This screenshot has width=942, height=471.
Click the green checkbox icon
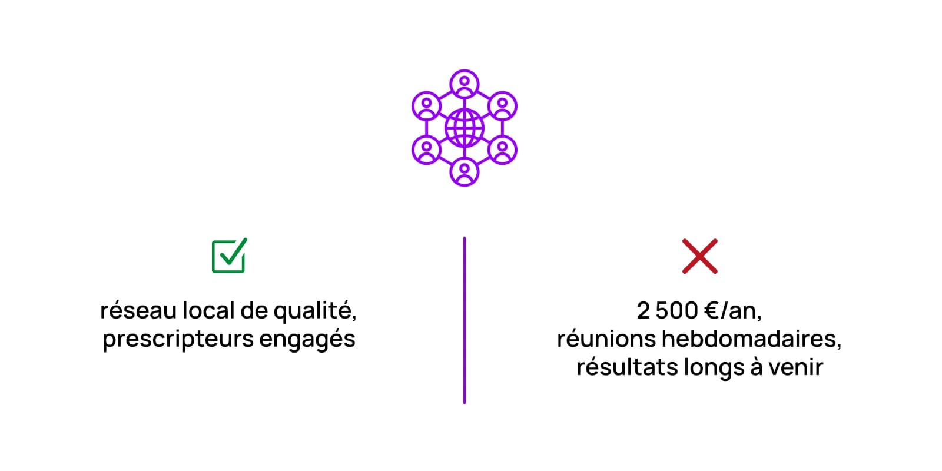(229, 256)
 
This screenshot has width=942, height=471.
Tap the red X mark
(700, 256)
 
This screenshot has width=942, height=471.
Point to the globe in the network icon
(465, 128)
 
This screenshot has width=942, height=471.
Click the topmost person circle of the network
(465, 84)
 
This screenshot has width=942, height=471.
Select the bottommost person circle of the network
(465, 171)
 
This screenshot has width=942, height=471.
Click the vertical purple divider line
(465, 320)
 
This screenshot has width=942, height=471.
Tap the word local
(208, 310)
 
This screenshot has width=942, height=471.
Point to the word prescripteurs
(178, 339)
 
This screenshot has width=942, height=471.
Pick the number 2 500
(668, 310)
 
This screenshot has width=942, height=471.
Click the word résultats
(627, 367)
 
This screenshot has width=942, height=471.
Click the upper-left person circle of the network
(426, 106)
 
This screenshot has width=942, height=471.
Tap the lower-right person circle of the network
(502, 150)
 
